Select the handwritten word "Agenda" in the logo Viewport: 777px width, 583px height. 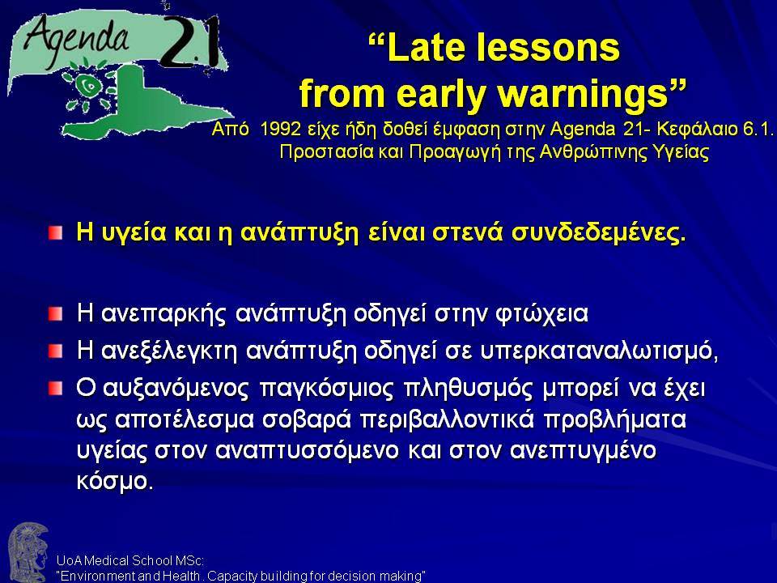75,39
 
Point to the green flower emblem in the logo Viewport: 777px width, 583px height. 90,87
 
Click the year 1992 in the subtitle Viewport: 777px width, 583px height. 280,129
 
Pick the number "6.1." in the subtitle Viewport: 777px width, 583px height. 758,129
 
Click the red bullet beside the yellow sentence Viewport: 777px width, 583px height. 56,232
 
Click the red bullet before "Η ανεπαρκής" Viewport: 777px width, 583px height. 56,314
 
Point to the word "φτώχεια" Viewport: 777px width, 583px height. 541,314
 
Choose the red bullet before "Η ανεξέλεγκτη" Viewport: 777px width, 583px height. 56,351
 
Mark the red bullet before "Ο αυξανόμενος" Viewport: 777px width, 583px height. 56,389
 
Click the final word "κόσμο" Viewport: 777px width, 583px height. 114,481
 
